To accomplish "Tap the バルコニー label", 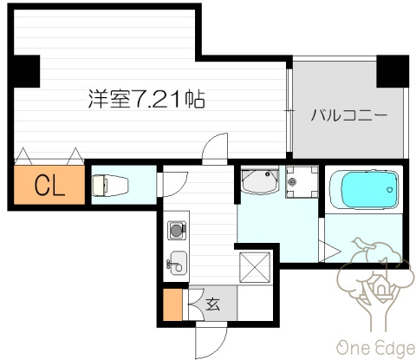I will (x=346, y=114).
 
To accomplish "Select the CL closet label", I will (x=49, y=185).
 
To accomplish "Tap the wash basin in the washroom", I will (x=259, y=181).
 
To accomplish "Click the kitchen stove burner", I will (x=177, y=231).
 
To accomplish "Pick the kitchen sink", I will (x=178, y=262).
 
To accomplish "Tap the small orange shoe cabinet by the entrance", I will (x=173, y=305).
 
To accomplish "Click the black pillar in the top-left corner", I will (x=25, y=72).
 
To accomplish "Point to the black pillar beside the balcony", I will (x=392, y=72).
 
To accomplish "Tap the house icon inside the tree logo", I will (x=380, y=285).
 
